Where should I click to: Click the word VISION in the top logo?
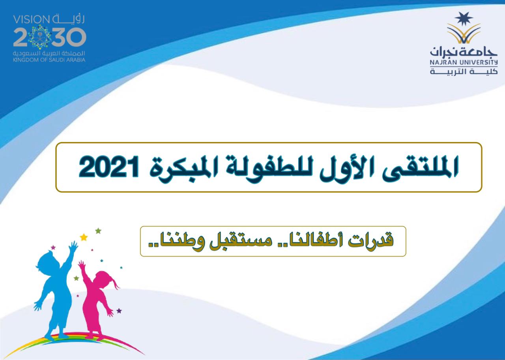32,20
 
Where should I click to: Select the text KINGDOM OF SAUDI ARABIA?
49,60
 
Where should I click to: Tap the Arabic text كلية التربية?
464,71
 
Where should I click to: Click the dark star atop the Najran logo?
464,19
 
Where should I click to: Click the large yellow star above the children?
84,237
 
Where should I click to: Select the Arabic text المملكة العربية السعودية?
49,53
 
